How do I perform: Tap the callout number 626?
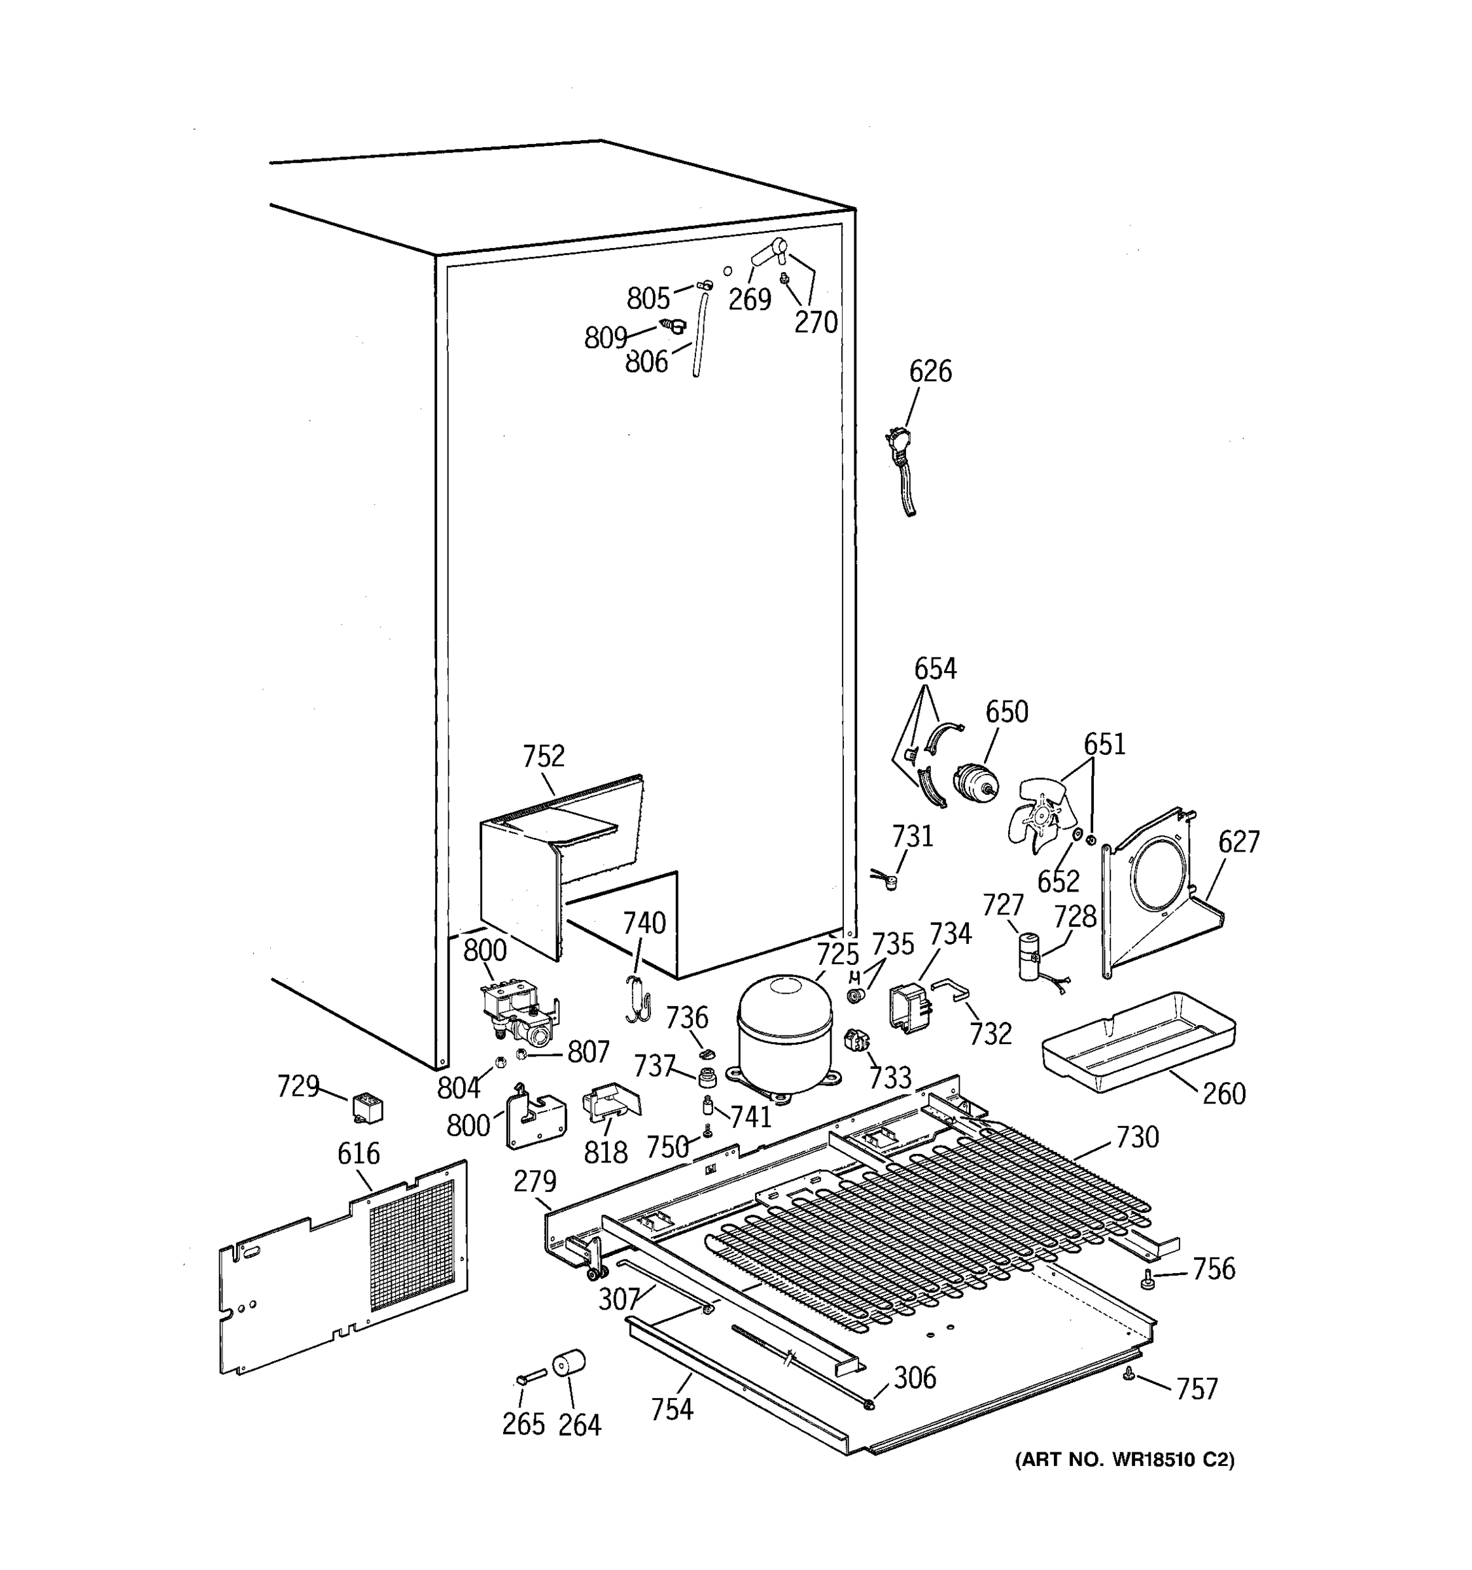coord(930,371)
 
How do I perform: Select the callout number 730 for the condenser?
coord(1137,1137)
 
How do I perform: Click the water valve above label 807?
coord(517,1015)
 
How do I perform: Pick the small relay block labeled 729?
coord(367,1108)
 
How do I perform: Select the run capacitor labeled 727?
coord(1028,956)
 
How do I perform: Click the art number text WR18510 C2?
coord(1124,1459)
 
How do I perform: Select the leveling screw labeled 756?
coord(1147,1281)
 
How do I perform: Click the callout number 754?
coord(671,1409)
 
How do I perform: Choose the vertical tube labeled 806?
coord(699,336)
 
